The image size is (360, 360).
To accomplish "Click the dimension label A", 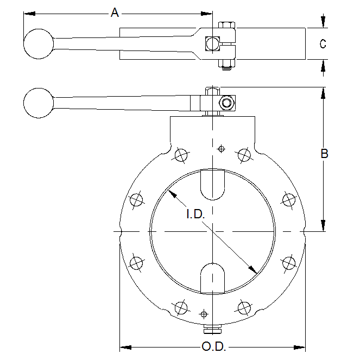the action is pos(115,12).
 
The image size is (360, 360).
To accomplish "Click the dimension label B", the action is pos(324,153).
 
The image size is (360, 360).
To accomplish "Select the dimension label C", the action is pos(323,43).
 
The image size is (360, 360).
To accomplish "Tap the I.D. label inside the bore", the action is pos(195,214).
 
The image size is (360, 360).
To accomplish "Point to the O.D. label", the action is pos(214,346).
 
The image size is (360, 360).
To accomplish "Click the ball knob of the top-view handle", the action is pos(39,44).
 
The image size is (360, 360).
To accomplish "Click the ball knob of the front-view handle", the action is pos(39,103).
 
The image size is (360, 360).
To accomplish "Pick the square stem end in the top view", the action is pos(213,43).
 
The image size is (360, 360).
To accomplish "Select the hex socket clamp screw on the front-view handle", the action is pos(226,103).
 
